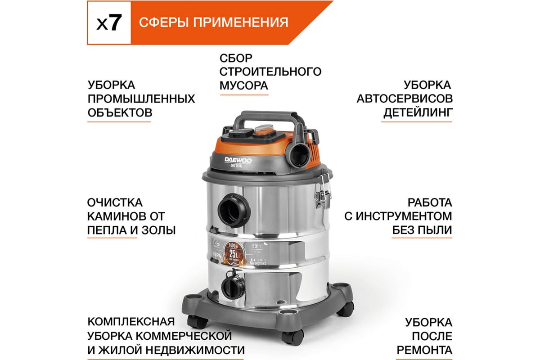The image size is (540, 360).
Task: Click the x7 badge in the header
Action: tap(109, 23)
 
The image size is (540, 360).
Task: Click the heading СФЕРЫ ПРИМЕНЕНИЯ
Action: tap(213, 22)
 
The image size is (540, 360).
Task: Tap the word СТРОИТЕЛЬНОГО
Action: tap(270, 72)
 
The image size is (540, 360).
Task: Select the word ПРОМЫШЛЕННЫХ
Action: tap(141, 99)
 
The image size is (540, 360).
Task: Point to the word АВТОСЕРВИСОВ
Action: tap(405, 99)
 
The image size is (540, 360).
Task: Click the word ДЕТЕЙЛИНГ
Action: tap(418, 112)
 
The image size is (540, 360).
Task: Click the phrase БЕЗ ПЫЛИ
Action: tap(421, 230)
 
